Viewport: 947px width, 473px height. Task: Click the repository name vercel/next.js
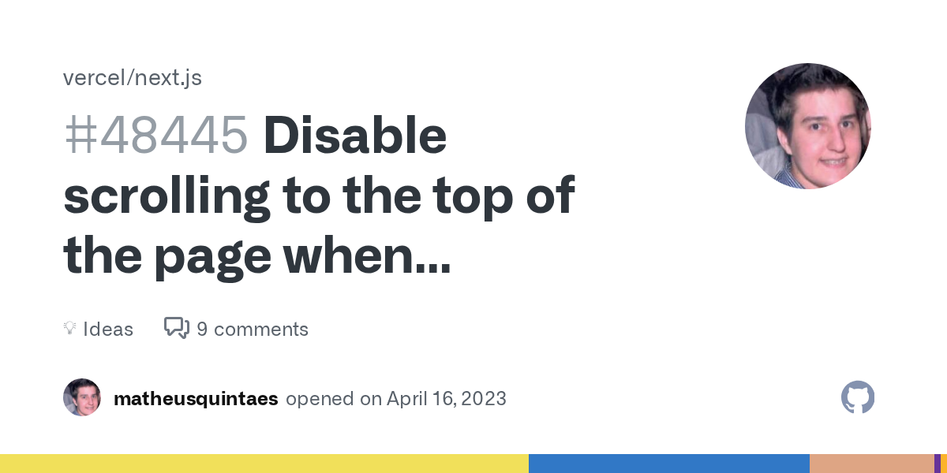(x=133, y=78)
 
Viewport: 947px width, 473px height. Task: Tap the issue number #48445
(x=155, y=136)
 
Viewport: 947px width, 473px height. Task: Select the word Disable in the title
(x=355, y=136)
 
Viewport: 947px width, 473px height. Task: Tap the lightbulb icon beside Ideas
(x=69, y=328)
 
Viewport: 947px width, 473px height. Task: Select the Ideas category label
(x=108, y=329)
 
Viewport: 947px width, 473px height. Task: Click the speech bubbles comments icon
(x=177, y=328)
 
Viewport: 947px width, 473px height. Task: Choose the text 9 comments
(x=253, y=329)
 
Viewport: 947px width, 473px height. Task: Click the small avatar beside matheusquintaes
(x=82, y=397)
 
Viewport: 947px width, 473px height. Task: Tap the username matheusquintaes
(x=196, y=399)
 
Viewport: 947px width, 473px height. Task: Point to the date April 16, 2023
(x=447, y=399)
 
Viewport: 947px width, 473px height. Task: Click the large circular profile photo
(x=807, y=126)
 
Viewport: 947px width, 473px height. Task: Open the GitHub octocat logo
(x=858, y=397)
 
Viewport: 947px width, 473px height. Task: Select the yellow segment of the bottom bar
(x=264, y=464)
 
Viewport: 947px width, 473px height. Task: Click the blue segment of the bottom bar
(x=669, y=464)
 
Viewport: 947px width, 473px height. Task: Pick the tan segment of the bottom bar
(x=871, y=464)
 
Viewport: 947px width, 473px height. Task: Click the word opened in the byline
(x=320, y=399)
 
